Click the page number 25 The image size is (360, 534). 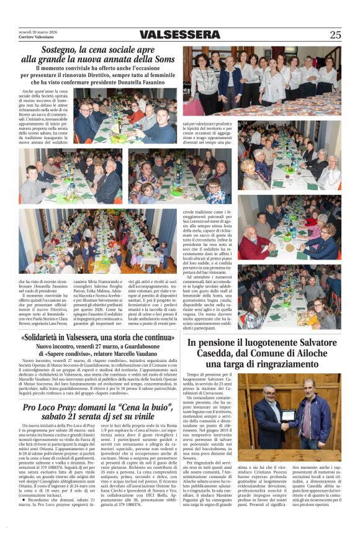pos(335,35)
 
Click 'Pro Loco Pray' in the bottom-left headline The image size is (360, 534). pos(49,407)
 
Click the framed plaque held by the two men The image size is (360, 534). pos(289,415)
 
